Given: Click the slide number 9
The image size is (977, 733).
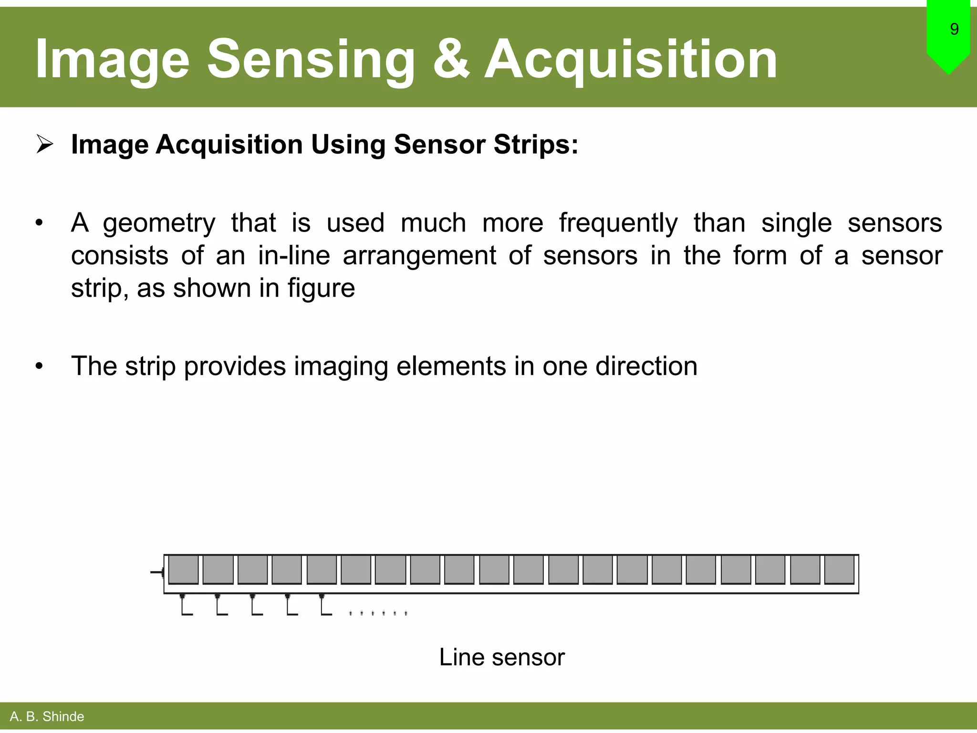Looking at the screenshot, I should pyautogui.click(x=954, y=30).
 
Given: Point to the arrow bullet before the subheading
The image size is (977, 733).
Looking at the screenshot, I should pyautogui.click(x=45, y=144).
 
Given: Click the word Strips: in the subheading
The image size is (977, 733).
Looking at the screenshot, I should pyautogui.click(x=536, y=144).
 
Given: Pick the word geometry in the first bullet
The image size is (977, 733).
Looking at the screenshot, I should pyautogui.click(x=159, y=223).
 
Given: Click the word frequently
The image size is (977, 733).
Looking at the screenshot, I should pyautogui.click(x=618, y=223).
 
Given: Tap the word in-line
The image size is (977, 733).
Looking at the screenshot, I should pyautogui.click(x=294, y=256).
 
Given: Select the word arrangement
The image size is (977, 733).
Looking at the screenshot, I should pyautogui.click(x=419, y=256).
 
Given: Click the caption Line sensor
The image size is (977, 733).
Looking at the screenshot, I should pyautogui.click(x=501, y=657).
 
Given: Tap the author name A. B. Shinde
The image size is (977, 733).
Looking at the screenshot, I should pyautogui.click(x=47, y=716).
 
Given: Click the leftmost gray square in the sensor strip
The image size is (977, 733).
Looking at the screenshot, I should pyautogui.click(x=184, y=569).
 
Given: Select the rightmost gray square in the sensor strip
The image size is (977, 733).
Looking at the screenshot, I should pyautogui.click(x=839, y=569).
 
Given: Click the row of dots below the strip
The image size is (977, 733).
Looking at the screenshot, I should pyautogui.click(x=378, y=613).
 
